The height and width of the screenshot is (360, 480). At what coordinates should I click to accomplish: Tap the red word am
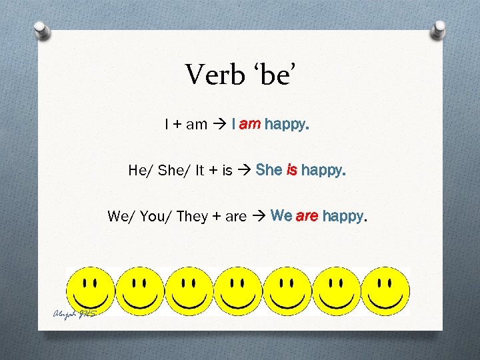point(250,124)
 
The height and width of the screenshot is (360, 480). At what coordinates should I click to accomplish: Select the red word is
point(292,170)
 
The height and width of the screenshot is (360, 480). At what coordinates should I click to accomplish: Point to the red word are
point(307,216)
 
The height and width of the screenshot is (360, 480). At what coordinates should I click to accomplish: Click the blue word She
point(269,170)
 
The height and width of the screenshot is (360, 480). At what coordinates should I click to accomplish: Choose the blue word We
point(282,216)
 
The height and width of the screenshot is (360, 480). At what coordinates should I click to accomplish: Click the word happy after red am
point(287,125)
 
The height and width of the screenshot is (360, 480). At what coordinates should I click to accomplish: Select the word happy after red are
point(344,217)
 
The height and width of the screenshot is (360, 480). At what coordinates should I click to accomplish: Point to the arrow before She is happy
point(244,171)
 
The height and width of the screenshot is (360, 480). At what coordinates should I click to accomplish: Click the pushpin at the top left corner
point(41,31)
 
